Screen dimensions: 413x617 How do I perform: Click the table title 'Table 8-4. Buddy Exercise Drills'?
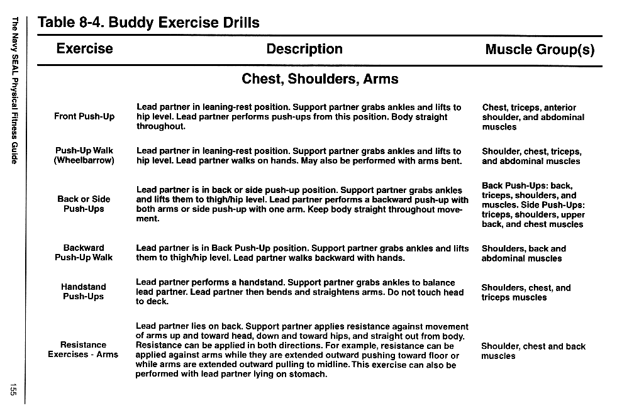(148, 23)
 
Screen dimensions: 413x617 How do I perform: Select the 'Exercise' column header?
(84, 49)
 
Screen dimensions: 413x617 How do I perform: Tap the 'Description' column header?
(304, 49)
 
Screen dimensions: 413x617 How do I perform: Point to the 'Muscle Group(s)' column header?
(540, 50)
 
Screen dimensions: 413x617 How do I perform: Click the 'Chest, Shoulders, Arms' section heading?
(320, 79)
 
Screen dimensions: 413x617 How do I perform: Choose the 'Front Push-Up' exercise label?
(84, 117)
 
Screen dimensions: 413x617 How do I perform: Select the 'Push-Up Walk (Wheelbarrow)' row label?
(84, 156)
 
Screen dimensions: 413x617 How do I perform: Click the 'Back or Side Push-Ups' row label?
(84, 204)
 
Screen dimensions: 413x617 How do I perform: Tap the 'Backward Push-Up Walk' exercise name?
(84, 253)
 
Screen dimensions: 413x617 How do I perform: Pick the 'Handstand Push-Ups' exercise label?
(84, 292)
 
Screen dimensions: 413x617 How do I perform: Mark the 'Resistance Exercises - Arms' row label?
(83, 350)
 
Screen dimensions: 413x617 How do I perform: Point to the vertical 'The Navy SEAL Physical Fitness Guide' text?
(14, 91)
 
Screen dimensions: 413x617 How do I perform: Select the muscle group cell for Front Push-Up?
(533, 117)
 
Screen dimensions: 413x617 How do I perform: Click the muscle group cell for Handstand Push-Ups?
(526, 292)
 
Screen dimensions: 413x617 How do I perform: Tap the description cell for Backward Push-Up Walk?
(302, 253)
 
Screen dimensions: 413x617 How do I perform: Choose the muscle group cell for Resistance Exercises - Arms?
(533, 351)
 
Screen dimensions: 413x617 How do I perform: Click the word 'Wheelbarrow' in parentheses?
(84, 161)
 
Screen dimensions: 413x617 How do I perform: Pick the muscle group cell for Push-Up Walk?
(531, 156)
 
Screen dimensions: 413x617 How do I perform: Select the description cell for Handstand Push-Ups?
(299, 292)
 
